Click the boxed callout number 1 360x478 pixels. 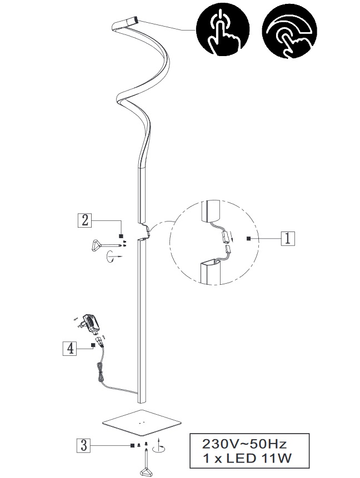tap(288, 238)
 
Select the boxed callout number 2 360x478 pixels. tap(85, 220)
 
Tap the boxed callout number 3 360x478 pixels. tap(83, 445)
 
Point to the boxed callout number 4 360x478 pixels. tap(70, 349)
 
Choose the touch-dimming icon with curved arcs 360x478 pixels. tap(289, 33)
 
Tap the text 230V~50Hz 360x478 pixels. tap(244, 444)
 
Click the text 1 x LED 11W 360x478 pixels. tap(247, 458)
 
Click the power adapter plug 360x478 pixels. tap(88, 323)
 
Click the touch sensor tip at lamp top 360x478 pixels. tap(133, 21)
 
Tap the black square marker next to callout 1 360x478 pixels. tap(249, 238)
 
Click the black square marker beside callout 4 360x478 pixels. tap(92, 345)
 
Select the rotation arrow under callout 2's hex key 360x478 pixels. tap(112, 256)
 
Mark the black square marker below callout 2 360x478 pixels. tap(121, 236)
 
